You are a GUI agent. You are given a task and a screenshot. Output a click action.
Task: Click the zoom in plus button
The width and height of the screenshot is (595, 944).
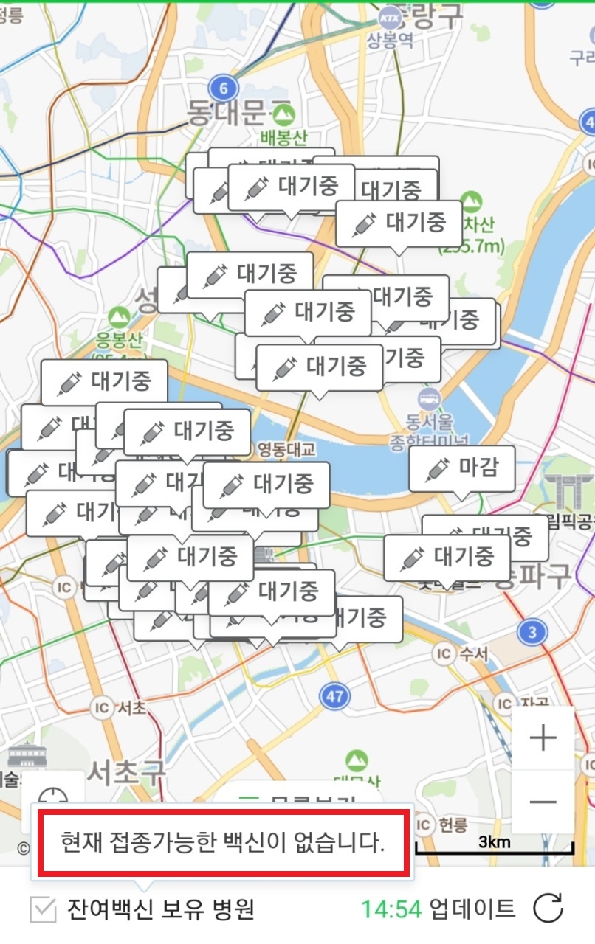point(543,737)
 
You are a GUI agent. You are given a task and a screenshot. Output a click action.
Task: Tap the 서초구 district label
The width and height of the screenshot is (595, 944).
point(125,772)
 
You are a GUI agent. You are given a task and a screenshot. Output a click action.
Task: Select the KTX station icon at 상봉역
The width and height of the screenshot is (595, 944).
point(389,16)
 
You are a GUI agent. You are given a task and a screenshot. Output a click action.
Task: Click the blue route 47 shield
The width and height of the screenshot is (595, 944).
point(334,695)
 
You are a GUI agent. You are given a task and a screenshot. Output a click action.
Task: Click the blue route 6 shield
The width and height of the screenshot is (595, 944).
point(223,88)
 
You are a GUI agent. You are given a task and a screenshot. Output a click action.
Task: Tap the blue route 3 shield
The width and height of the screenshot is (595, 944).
point(532,632)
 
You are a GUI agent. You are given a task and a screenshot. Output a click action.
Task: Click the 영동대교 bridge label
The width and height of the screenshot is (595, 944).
point(286,448)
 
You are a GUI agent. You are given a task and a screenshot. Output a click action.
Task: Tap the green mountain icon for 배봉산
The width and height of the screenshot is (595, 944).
point(283,114)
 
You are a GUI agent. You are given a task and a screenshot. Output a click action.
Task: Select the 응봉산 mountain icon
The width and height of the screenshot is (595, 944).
point(117,318)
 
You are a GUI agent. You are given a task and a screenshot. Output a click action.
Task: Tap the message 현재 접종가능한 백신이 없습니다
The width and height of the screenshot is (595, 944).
point(223,842)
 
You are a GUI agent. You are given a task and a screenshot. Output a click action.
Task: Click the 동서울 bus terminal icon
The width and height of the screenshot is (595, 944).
point(427,399)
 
